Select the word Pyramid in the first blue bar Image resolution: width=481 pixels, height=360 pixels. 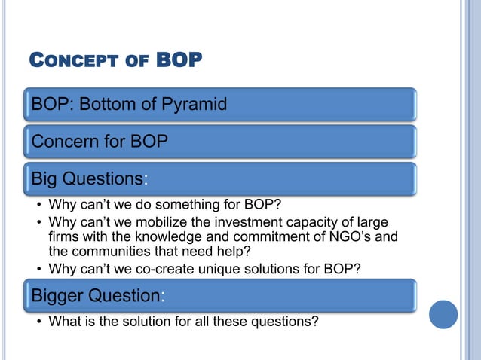coord(193,104)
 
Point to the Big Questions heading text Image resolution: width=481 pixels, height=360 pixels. coord(87,179)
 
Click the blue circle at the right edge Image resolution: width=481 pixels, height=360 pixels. coord(443,314)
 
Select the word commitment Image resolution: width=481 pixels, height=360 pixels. coord(263,237)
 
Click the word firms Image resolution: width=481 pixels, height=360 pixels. coord(64,237)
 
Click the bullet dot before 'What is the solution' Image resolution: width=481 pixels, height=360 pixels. coord(38,322)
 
